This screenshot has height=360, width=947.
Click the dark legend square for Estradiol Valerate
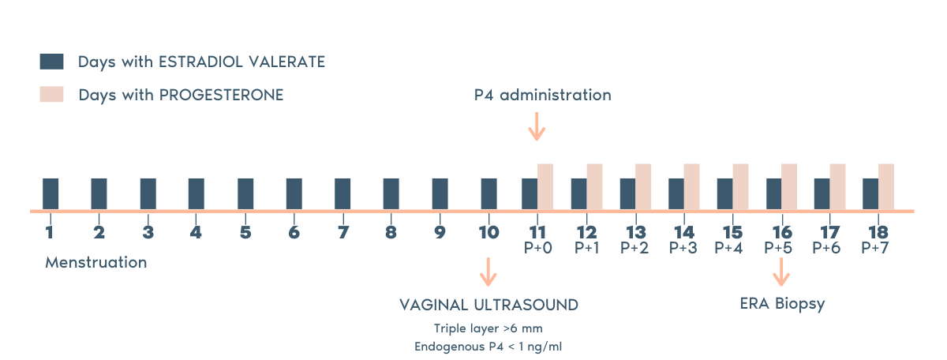coord(51,62)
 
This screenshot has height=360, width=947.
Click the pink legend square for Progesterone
coord(51,95)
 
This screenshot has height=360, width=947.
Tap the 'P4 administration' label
coord(542,95)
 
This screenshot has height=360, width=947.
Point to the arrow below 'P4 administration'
coord(537,126)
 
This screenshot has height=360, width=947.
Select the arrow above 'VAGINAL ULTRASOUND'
coord(488,272)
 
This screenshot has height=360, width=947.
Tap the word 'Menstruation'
coord(95,262)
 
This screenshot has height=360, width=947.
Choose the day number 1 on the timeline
coord(50,232)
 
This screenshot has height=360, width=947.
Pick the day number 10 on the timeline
coord(488,232)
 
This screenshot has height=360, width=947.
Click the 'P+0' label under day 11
coord(537,247)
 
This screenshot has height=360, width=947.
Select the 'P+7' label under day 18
coord(876,247)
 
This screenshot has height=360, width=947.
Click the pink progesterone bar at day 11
coord(545,187)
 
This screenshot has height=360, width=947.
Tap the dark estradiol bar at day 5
coord(245,194)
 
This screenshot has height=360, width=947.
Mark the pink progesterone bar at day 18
coord(886,187)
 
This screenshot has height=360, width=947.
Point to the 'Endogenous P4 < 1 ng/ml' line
coord(488,345)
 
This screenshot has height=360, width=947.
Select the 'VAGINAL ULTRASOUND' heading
coord(488,305)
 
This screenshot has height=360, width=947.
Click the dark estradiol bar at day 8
coord(391,194)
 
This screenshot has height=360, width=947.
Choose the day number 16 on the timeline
coord(781,232)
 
